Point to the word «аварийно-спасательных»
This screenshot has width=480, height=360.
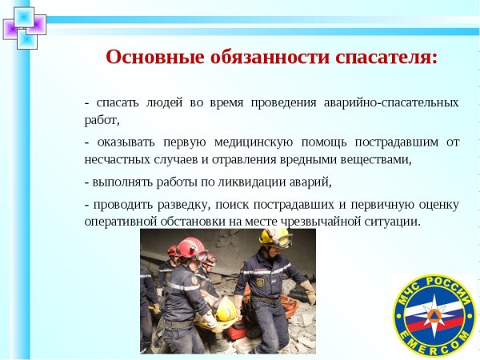(x=391, y=103)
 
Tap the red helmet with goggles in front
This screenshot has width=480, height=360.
(x=190, y=249)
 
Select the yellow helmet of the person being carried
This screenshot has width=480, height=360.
(x=226, y=308)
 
